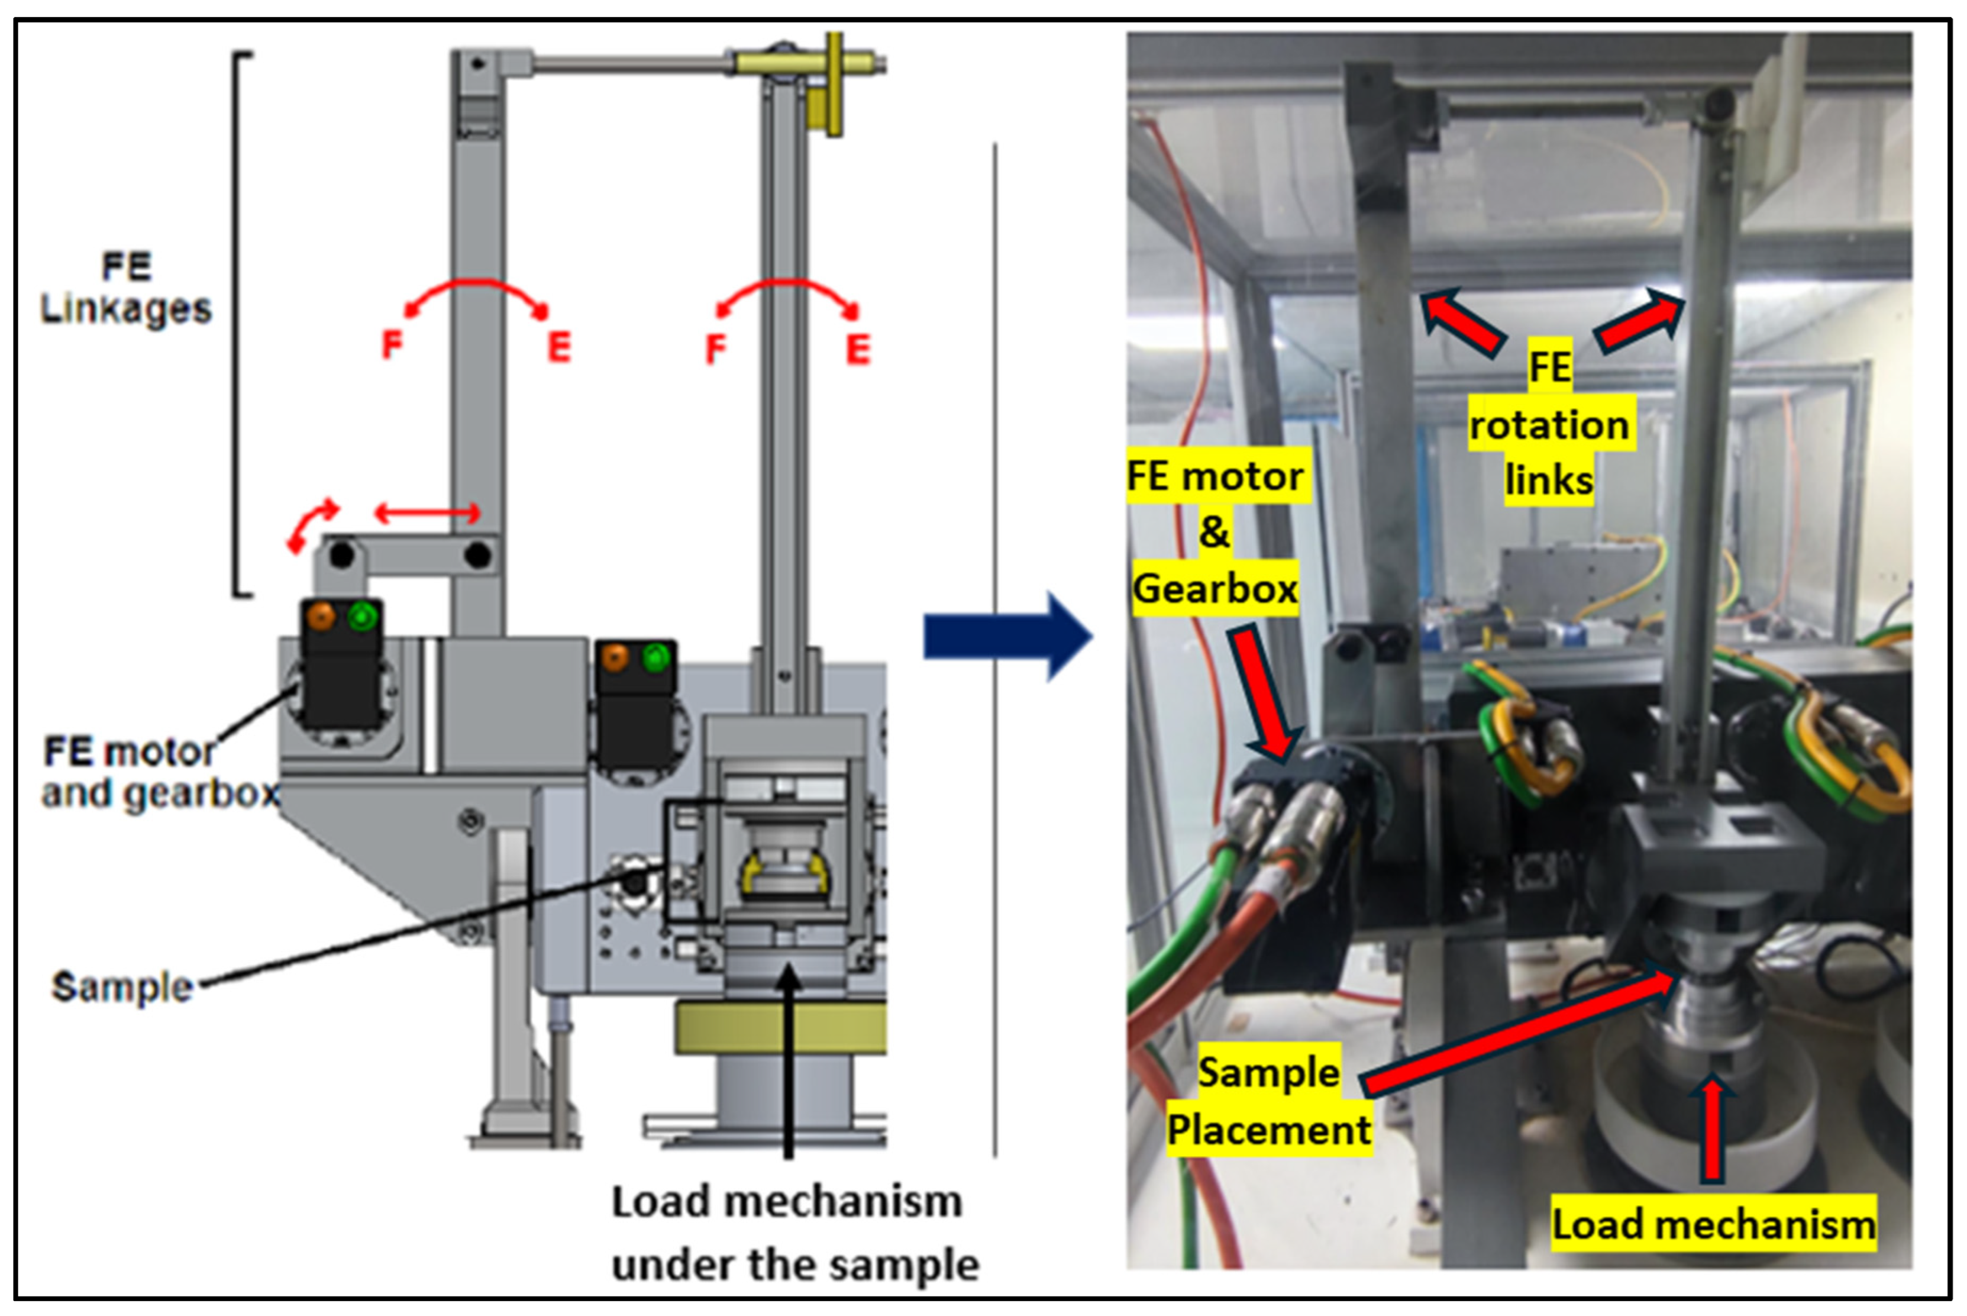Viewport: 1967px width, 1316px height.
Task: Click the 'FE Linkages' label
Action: click(x=126, y=288)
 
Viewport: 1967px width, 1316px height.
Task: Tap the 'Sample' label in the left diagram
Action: click(x=122, y=986)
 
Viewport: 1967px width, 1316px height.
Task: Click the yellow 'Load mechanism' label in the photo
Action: click(x=1712, y=1224)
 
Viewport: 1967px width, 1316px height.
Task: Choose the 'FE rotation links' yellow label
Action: click(x=1548, y=424)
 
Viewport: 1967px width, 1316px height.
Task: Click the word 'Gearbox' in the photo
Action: click(x=1215, y=588)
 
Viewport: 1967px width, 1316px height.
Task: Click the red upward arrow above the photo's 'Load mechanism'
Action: click(x=1712, y=1129)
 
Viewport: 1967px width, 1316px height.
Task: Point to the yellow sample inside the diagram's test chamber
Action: click(x=784, y=873)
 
